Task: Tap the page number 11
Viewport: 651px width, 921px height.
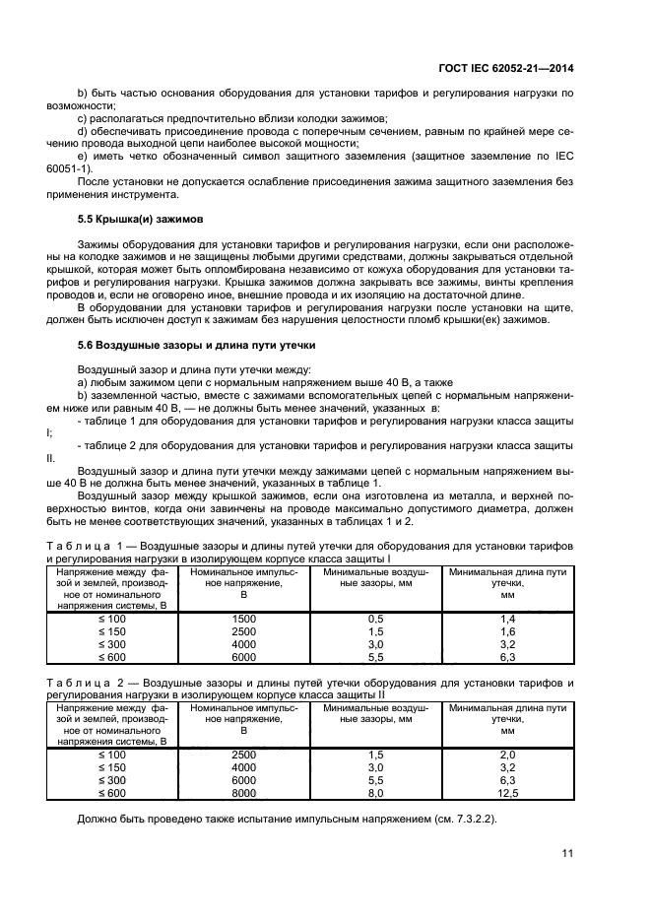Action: tap(568, 852)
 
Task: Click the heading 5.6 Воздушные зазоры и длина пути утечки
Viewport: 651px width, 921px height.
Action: tap(181, 345)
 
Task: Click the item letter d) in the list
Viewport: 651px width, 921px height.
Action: tap(83, 130)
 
